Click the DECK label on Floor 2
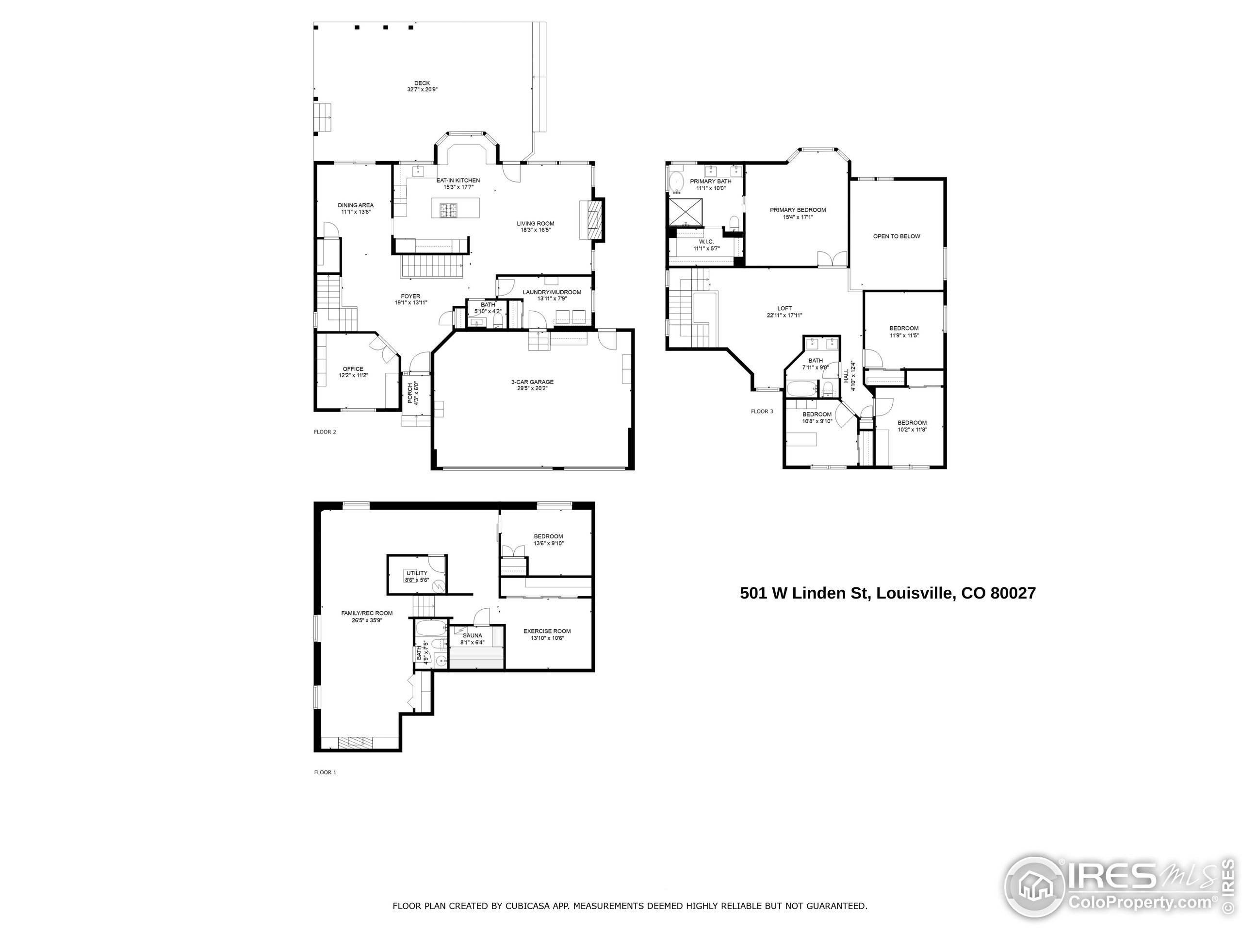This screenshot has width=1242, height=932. coord(422,83)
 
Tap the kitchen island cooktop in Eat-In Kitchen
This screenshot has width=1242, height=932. coord(448,210)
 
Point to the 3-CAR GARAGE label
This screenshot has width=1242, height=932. coord(532,382)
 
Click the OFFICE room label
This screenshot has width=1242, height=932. coord(353,369)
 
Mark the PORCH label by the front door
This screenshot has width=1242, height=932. coord(410,393)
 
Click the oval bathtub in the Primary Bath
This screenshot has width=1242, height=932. coord(675,183)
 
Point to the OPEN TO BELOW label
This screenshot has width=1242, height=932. coord(896,236)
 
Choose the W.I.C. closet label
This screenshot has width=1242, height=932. coord(706,242)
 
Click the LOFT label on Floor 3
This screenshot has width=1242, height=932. coord(784,308)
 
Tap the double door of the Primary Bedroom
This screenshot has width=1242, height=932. coord(832,259)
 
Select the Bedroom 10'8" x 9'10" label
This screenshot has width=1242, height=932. coord(817,415)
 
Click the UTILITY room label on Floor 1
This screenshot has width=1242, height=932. coord(417,573)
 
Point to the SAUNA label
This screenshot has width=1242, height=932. coord(472,635)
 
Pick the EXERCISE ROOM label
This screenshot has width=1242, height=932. coord(547,631)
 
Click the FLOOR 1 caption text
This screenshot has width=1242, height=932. coord(325,772)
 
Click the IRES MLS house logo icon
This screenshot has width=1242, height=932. coord(1035,888)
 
